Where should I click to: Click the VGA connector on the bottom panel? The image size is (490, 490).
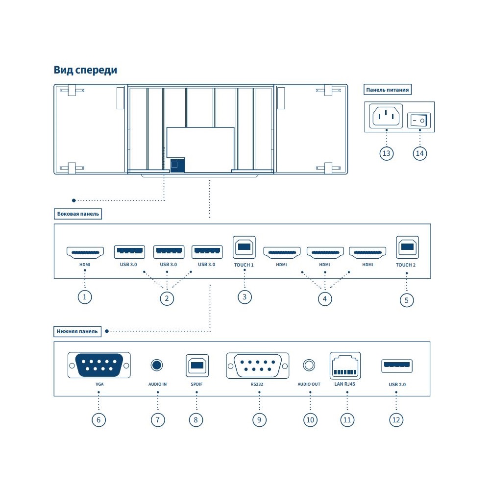click(99, 365)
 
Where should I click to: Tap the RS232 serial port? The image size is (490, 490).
click(258, 366)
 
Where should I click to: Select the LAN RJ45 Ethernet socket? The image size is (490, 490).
click(345, 366)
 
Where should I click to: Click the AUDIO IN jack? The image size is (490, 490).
click(157, 365)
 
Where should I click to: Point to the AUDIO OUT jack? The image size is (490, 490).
click(309, 365)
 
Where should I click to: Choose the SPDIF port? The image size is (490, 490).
click(197, 366)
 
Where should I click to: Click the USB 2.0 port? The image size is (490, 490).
click(397, 366)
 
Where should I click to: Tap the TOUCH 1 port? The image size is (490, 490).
click(244, 247)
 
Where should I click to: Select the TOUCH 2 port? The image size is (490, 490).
click(407, 247)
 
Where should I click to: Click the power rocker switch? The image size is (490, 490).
click(419, 121)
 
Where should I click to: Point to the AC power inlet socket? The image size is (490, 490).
click(386, 116)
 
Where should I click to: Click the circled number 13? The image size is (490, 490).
click(386, 153)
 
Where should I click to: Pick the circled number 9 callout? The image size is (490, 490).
click(259, 420)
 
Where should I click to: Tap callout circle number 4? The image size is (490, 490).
click(325, 299)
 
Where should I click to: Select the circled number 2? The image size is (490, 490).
click(167, 298)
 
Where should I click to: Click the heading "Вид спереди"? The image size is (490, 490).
click(85, 70)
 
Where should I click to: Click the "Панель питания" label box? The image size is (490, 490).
click(388, 90)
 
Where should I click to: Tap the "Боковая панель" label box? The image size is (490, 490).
click(78, 214)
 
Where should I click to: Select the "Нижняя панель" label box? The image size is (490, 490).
click(77, 331)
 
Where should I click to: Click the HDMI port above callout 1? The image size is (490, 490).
click(85, 252)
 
